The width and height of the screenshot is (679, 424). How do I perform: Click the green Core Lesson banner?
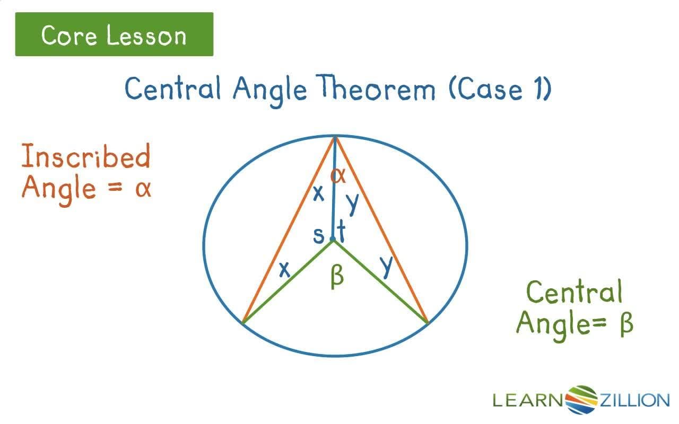(x=114, y=34)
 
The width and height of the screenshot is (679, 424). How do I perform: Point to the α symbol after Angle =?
(x=142, y=188)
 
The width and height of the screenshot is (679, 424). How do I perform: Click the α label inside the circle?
(x=338, y=174)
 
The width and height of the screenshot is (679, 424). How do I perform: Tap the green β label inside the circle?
(x=337, y=277)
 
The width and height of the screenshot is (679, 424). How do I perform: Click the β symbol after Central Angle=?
(x=626, y=322)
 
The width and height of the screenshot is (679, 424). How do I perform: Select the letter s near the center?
(x=318, y=235)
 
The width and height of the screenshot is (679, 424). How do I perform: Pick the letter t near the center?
(x=341, y=232)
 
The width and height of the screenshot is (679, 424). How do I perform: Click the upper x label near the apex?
(x=318, y=194)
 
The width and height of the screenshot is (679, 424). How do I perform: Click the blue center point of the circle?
(x=333, y=240)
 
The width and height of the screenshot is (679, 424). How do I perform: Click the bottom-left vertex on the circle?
(x=243, y=322)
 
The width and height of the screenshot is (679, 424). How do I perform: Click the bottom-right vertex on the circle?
(x=427, y=322)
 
